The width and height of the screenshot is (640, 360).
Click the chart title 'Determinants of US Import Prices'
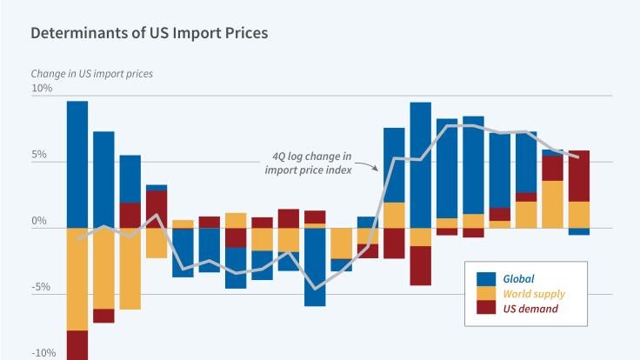[149, 34]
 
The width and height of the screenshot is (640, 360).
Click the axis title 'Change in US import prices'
[92, 74]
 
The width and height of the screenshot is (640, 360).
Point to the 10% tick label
[42, 89]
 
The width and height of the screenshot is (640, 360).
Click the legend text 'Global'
[518, 278]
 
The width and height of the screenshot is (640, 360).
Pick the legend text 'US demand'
[530, 309]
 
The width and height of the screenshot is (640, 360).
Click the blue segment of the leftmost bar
[77, 164]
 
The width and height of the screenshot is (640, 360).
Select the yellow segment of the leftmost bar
[77, 278]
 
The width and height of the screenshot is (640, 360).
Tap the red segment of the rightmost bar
[579, 176]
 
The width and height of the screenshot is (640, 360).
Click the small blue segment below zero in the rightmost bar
[579, 231]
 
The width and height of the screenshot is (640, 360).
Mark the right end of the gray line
[579, 157]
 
